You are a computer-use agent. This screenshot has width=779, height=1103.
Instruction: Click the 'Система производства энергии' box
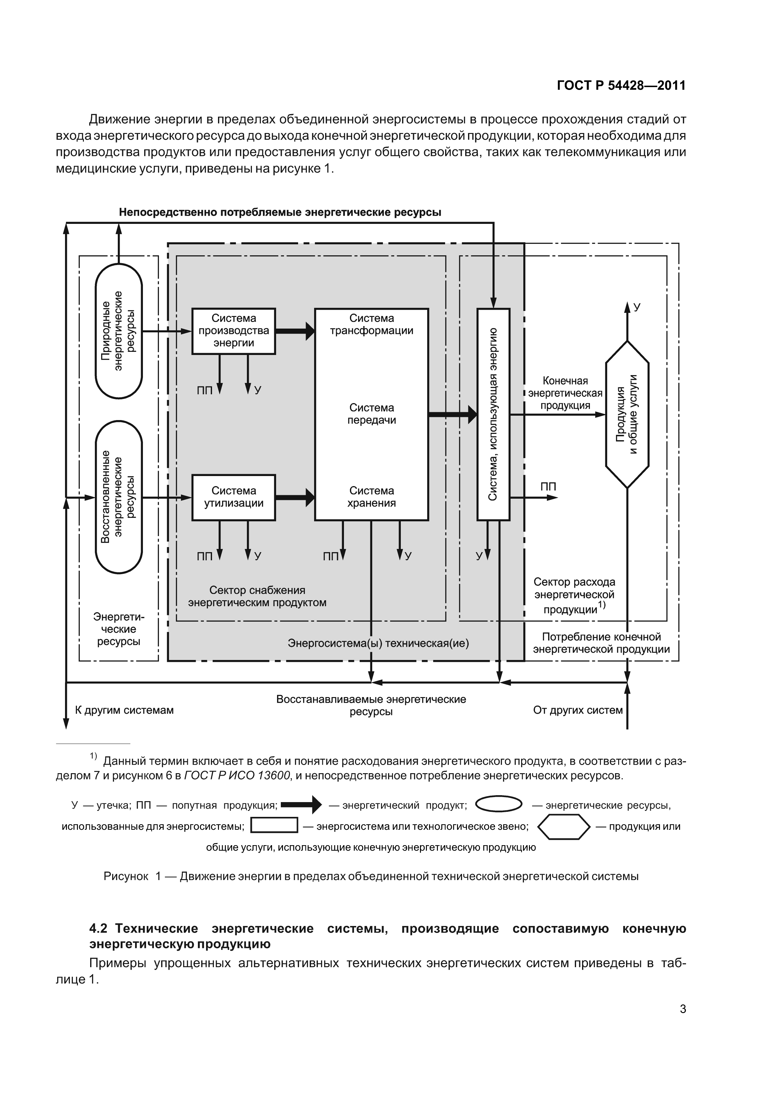234,331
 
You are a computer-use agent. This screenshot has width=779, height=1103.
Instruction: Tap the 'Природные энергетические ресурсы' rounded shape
118,331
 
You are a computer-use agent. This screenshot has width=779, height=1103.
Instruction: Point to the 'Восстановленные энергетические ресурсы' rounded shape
118,497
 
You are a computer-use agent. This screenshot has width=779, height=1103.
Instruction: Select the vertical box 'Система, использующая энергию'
493,414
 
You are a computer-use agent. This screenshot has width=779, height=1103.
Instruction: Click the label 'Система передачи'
372,414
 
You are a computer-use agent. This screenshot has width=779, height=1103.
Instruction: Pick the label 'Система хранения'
372,497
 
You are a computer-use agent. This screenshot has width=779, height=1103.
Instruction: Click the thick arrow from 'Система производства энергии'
295,331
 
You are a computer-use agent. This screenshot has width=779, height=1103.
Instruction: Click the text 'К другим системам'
124,710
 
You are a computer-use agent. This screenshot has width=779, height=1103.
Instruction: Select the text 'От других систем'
578,710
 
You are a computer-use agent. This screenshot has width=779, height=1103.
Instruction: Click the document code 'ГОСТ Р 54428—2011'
622,86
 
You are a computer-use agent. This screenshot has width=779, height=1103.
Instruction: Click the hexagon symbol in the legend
564,827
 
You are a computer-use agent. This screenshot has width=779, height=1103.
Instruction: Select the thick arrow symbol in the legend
302,804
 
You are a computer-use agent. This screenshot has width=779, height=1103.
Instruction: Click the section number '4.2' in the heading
100,928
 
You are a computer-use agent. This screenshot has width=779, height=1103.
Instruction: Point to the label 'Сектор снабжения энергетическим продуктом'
257,596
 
